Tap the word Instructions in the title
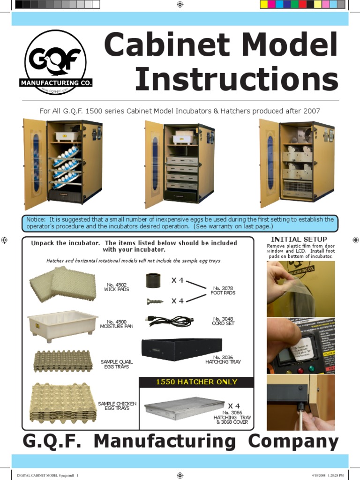point(236,80)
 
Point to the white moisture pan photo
point(62,325)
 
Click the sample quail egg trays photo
point(61,361)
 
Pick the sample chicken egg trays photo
point(63,403)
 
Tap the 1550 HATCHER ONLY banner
point(196,382)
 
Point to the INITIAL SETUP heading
point(299,240)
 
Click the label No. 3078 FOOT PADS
point(223,291)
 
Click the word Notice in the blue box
point(36,219)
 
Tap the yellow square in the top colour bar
point(264,4)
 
